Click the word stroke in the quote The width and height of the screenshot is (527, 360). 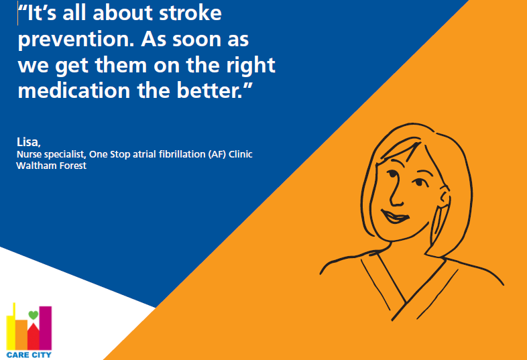tap(190, 13)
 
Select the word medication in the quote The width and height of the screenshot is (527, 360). tap(74, 91)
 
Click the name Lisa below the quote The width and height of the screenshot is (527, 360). tap(29, 142)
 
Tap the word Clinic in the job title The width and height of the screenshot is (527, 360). tap(241, 154)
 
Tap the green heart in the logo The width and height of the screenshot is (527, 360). tap(34, 315)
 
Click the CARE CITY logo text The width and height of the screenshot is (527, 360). tap(29, 355)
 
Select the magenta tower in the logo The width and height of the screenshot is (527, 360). tap(46, 328)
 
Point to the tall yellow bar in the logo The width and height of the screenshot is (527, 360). tap(11, 328)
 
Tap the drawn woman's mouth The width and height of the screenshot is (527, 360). tap(395, 216)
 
